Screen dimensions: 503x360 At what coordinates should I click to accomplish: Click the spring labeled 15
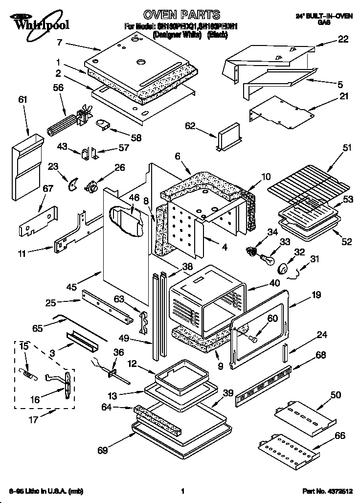click(x=29, y=372)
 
